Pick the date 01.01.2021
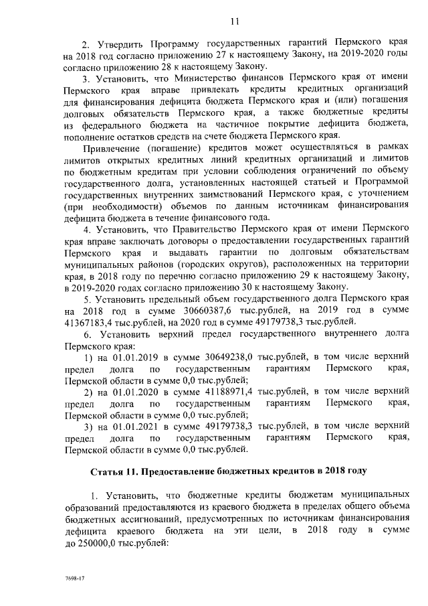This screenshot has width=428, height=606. pyautogui.click(x=125, y=426)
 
